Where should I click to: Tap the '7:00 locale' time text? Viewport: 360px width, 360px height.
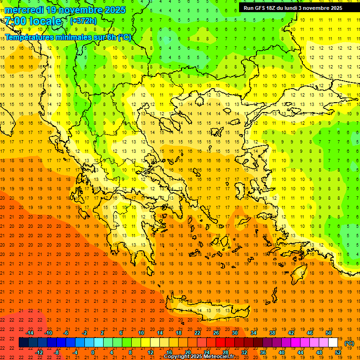pos(33,21)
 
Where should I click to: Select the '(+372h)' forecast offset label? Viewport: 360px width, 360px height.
pos(83,21)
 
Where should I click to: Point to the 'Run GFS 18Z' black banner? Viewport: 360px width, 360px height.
pos(293,8)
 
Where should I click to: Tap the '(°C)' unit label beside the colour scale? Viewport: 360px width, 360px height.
pos(349,343)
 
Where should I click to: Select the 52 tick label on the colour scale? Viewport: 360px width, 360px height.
pos(338,352)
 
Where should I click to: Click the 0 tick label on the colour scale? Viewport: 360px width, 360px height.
pos(93,352)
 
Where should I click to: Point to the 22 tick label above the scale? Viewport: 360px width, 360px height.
pos(197,333)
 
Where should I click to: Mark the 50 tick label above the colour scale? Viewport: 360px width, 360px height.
pos(329,333)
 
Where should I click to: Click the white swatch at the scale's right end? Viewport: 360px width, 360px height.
pos(333,343)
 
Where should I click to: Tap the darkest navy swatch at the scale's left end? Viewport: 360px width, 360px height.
pos(23,343)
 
